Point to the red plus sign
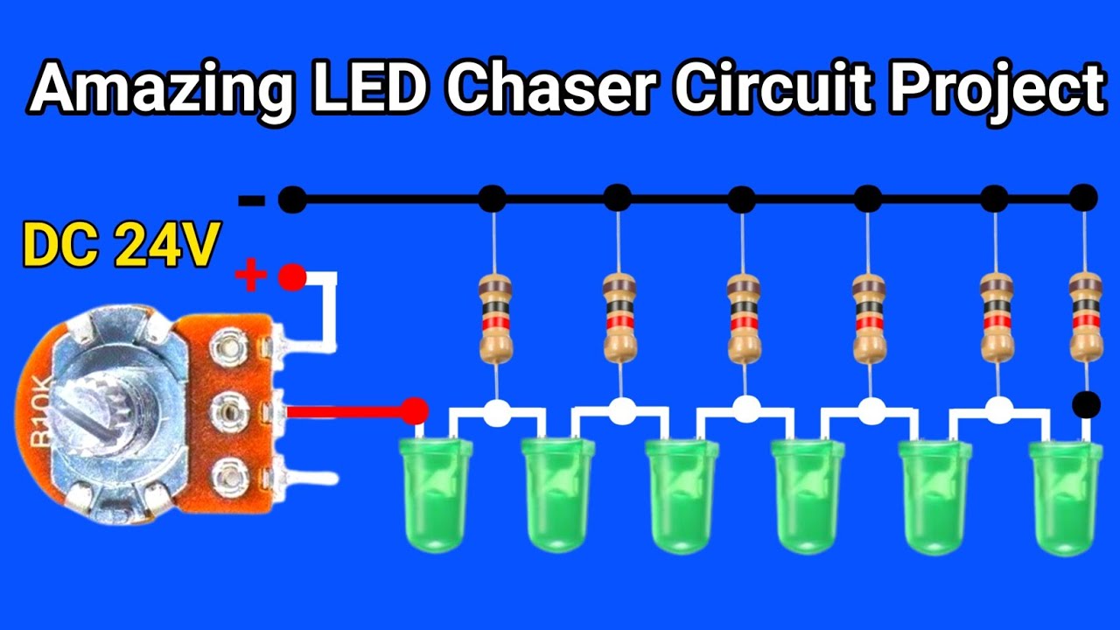point(250,275)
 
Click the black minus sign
point(251,201)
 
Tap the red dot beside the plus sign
point(292,277)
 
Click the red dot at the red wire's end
point(415,411)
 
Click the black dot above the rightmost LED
point(1086,404)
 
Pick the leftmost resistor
point(495,318)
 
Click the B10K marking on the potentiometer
point(41,412)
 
